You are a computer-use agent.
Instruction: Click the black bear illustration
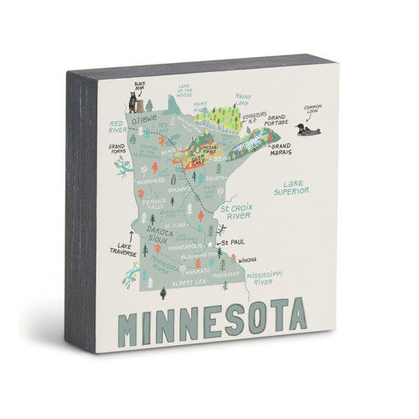pyautogui.click(x=136, y=103)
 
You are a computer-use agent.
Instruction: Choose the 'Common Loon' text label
pyautogui.click(x=313, y=108)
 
